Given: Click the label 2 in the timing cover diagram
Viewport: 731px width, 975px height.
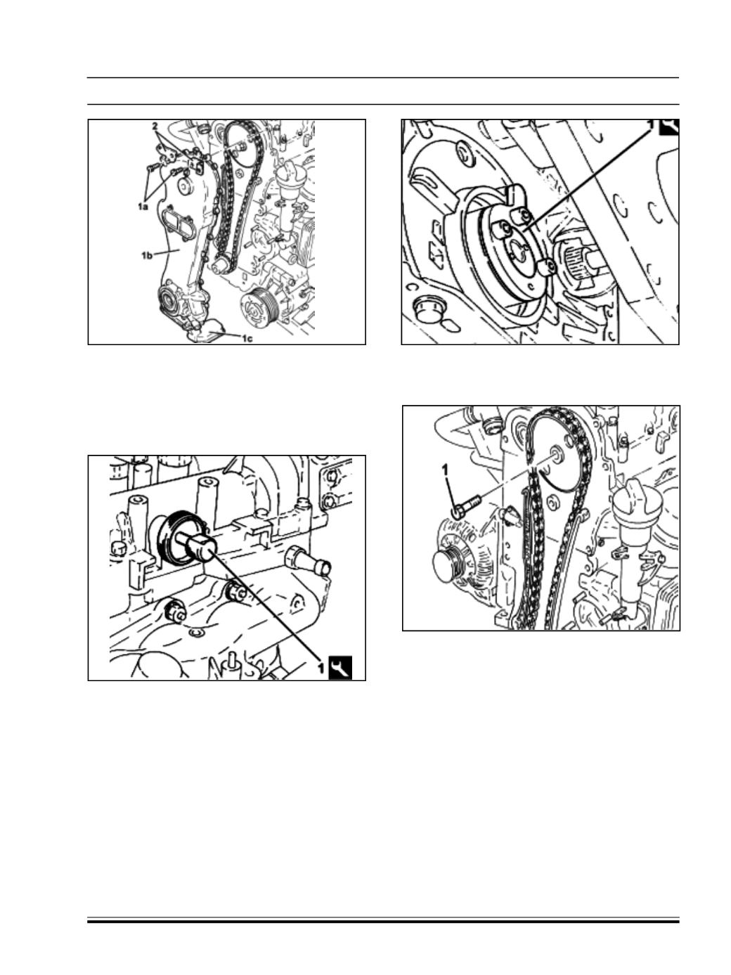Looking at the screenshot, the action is click(x=155, y=126).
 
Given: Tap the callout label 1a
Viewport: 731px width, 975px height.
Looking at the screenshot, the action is click(x=143, y=206).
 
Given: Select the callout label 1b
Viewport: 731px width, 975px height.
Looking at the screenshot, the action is click(x=147, y=255).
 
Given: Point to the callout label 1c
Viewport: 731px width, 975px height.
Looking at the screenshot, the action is click(x=247, y=339).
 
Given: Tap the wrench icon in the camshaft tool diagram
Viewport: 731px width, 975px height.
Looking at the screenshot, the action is click(x=341, y=668).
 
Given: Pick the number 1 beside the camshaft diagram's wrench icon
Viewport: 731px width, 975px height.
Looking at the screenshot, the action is click(x=321, y=668).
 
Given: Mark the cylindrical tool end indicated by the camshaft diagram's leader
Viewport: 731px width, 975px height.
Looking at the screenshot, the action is click(x=200, y=546).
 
